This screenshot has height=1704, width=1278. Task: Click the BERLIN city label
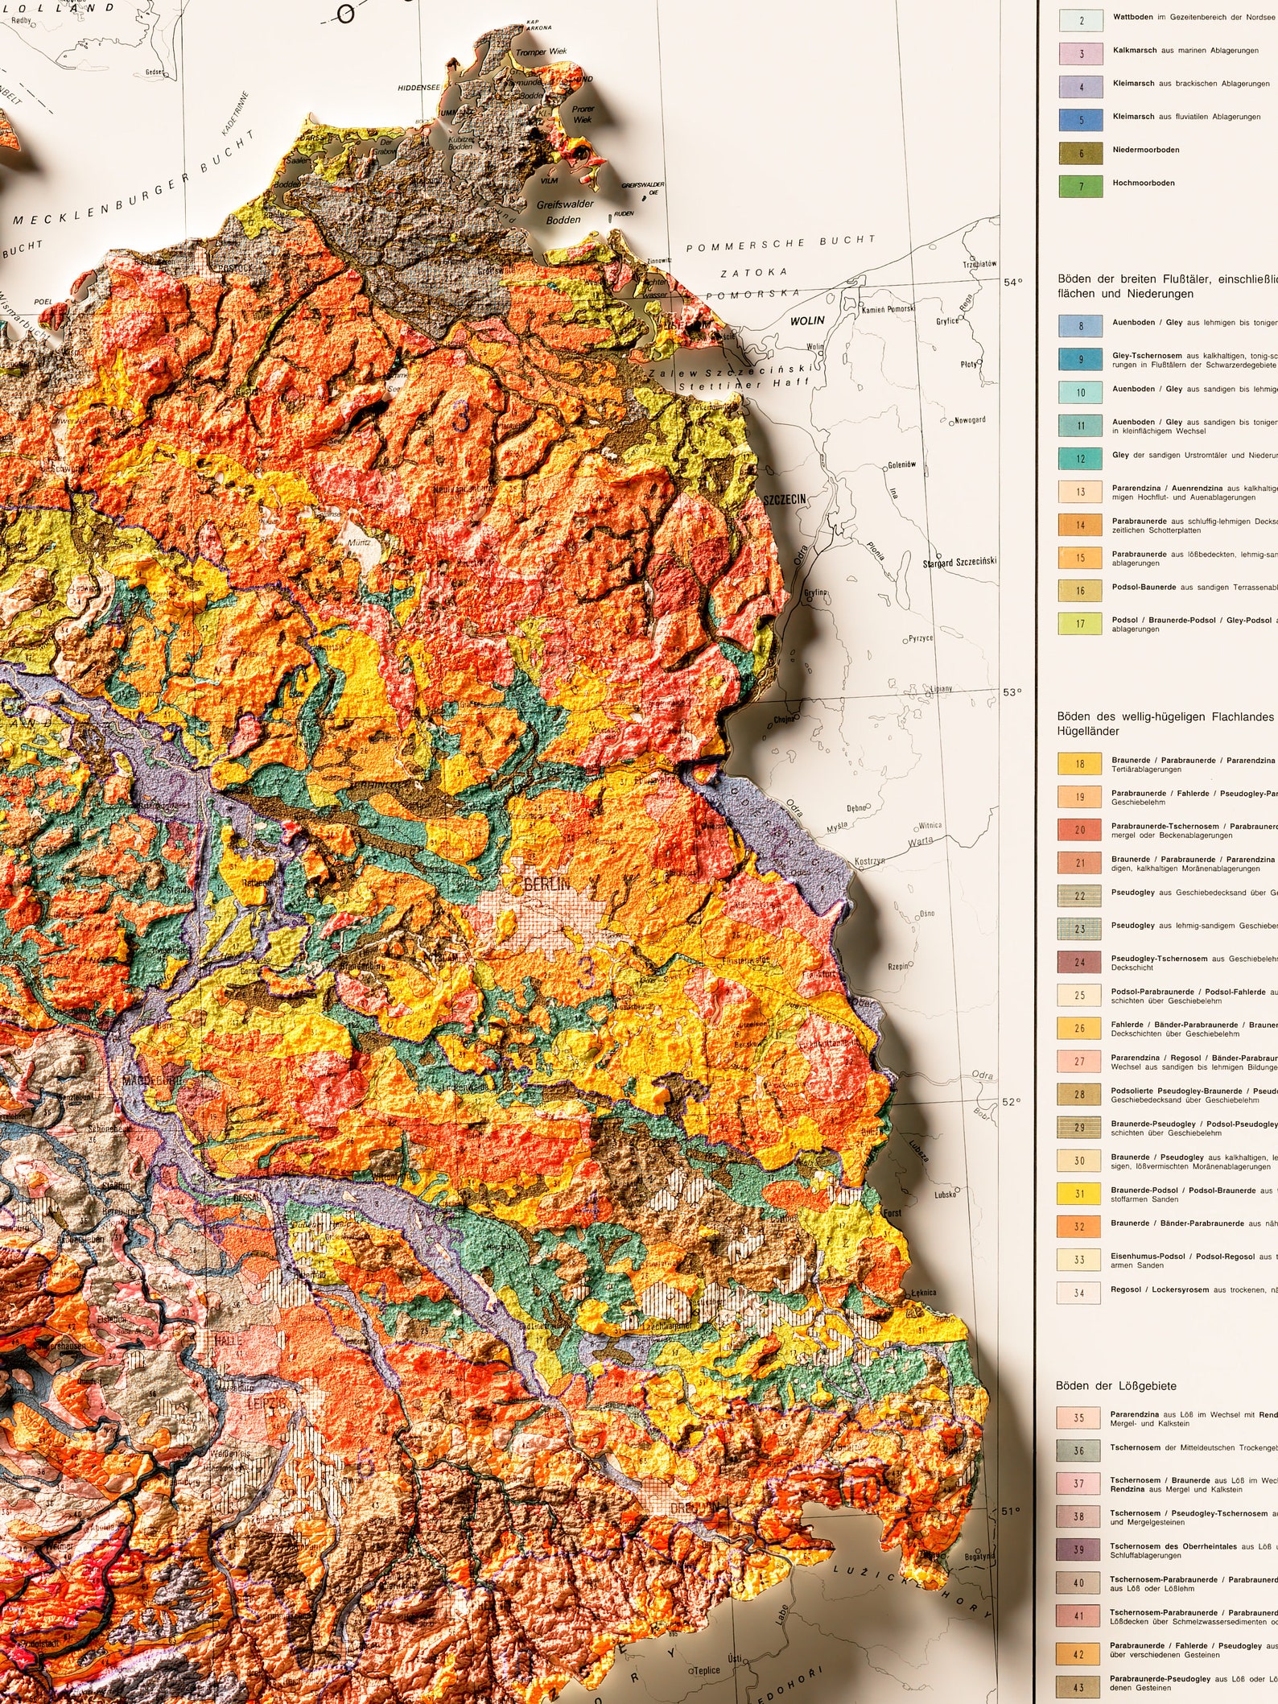tap(546, 885)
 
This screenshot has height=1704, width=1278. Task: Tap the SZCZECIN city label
tap(785, 500)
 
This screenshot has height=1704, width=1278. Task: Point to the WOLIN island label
tap(807, 320)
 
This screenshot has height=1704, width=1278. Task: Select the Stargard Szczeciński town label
tap(959, 563)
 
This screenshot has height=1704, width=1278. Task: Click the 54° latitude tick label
tap(1012, 282)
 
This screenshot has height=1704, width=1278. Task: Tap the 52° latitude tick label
tap(1012, 1102)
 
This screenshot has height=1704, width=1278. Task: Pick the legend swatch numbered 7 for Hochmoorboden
tap(1081, 186)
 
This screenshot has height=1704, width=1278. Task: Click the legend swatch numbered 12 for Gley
tap(1080, 459)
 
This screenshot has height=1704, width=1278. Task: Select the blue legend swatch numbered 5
tap(1081, 120)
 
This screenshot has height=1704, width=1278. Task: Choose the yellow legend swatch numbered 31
tap(1079, 1194)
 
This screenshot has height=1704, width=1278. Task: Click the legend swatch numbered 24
tap(1079, 962)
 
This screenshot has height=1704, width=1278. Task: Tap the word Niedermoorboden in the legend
tap(1146, 150)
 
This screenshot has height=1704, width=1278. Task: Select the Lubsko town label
tap(946, 1194)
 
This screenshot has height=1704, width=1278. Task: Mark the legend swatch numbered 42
tap(1078, 1654)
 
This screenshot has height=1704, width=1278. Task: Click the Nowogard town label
tap(969, 420)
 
